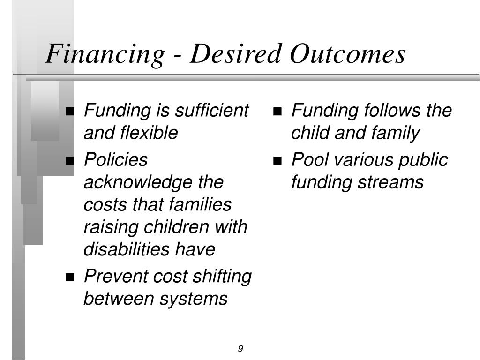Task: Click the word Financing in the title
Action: coord(105,54)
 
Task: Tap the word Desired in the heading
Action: coord(235,53)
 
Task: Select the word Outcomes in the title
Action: coord(348,53)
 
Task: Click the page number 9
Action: coord(240,348)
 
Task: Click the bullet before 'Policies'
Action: coord(70,160)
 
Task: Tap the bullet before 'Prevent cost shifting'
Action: coord(70,277)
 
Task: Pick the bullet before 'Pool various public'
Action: coord(277,160)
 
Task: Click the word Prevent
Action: coord(116,276)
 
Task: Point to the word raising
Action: coord(111,227)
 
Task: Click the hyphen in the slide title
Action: coord(177,57)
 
